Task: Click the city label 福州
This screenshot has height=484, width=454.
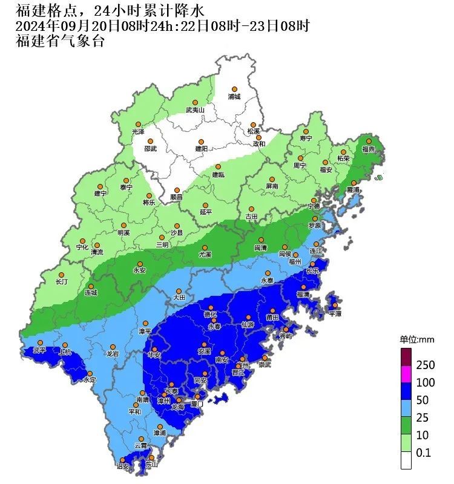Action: click(x=295, y=262)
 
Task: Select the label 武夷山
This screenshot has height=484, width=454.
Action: click(x=195, y=110)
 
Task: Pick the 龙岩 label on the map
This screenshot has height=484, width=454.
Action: click(x=113, y=353)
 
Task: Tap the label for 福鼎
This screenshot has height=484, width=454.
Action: click(x=369, y=149)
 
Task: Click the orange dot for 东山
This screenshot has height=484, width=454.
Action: click(x=143, y=458)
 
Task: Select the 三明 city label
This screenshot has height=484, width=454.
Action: click(x=162, y=245)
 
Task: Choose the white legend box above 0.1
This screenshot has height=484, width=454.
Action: click(x=406, y=460)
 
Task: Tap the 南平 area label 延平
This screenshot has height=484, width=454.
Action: click(x=206, y=212)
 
